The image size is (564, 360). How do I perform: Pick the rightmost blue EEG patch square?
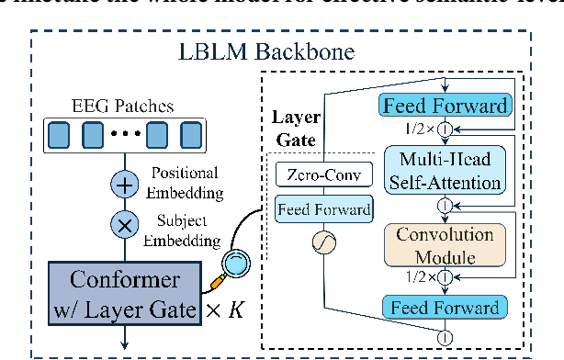[x=189, y=138]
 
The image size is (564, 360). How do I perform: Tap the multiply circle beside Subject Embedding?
[x=123, y=223]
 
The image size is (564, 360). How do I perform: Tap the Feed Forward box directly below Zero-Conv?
[x=322, y=210]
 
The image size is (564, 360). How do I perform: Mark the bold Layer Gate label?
[x=294, y=130]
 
